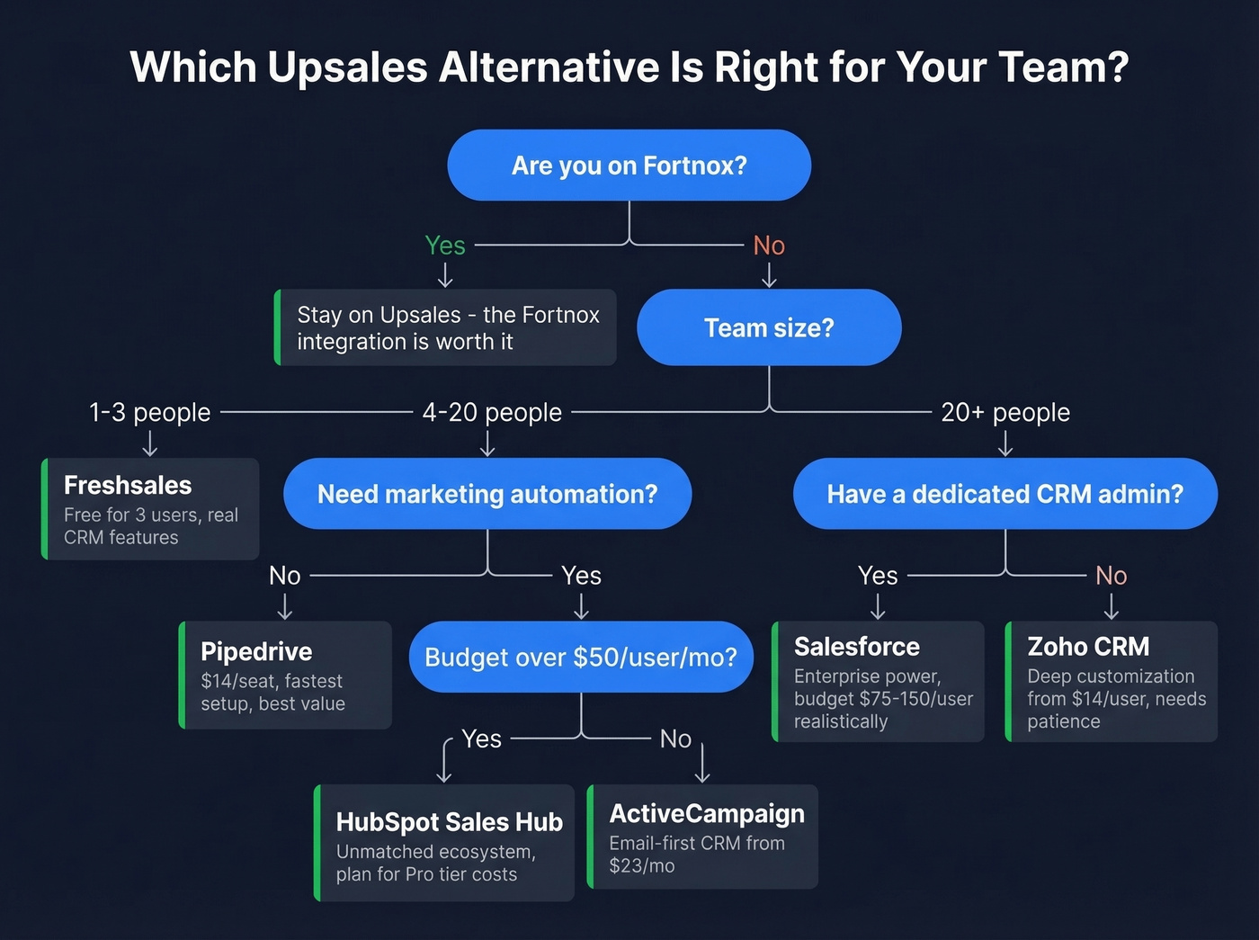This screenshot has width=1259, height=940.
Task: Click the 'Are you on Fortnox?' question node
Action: tap(629, 166)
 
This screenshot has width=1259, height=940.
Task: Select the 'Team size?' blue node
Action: tap(769, 327)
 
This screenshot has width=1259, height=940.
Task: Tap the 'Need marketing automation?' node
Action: tap(487, 494)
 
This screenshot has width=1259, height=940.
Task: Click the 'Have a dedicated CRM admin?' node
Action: tap(1005, 494)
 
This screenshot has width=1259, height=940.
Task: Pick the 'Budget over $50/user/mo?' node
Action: tap(581, 658)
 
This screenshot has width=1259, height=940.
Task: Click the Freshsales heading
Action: tap(128, 486)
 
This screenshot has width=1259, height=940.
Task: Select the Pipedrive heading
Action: tap(256, 652)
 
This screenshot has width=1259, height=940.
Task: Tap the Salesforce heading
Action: tap(856, 647)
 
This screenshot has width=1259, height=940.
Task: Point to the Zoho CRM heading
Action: tap(1088, 647)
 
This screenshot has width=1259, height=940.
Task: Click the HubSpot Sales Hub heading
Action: tap(449, 822)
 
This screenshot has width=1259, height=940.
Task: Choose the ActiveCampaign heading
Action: tap(707, 814)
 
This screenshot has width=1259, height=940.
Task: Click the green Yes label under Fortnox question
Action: tap(445, 246)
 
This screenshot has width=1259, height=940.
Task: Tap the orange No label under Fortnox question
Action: tap(769, 246)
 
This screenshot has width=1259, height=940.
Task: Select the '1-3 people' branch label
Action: tap(149, 413)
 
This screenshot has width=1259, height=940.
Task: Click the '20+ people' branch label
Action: tap(1005, 413)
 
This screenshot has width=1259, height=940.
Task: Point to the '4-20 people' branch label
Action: tap(492, 413)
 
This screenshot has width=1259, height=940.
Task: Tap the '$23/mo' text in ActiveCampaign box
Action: tap(642, 866)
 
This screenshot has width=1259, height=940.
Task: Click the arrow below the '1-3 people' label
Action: tap(150, 443)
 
